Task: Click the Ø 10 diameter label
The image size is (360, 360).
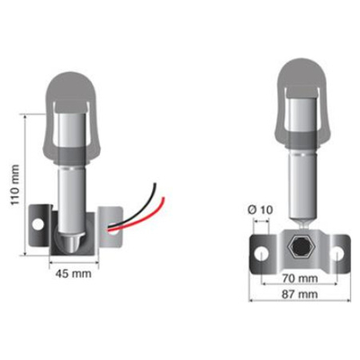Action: (x=257, y=211)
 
